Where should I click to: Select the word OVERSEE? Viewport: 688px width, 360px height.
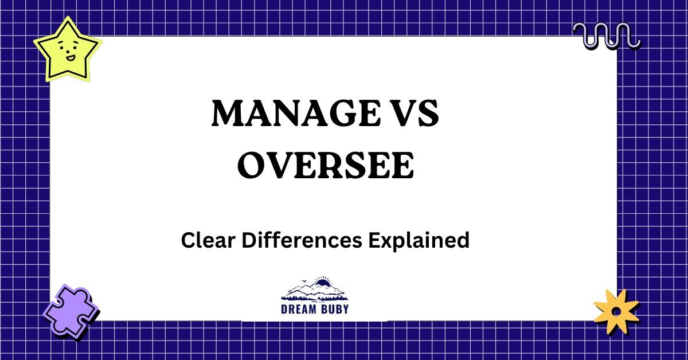(x=325, y=166)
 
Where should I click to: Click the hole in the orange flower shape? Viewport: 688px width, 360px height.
(x=616, y=311)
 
